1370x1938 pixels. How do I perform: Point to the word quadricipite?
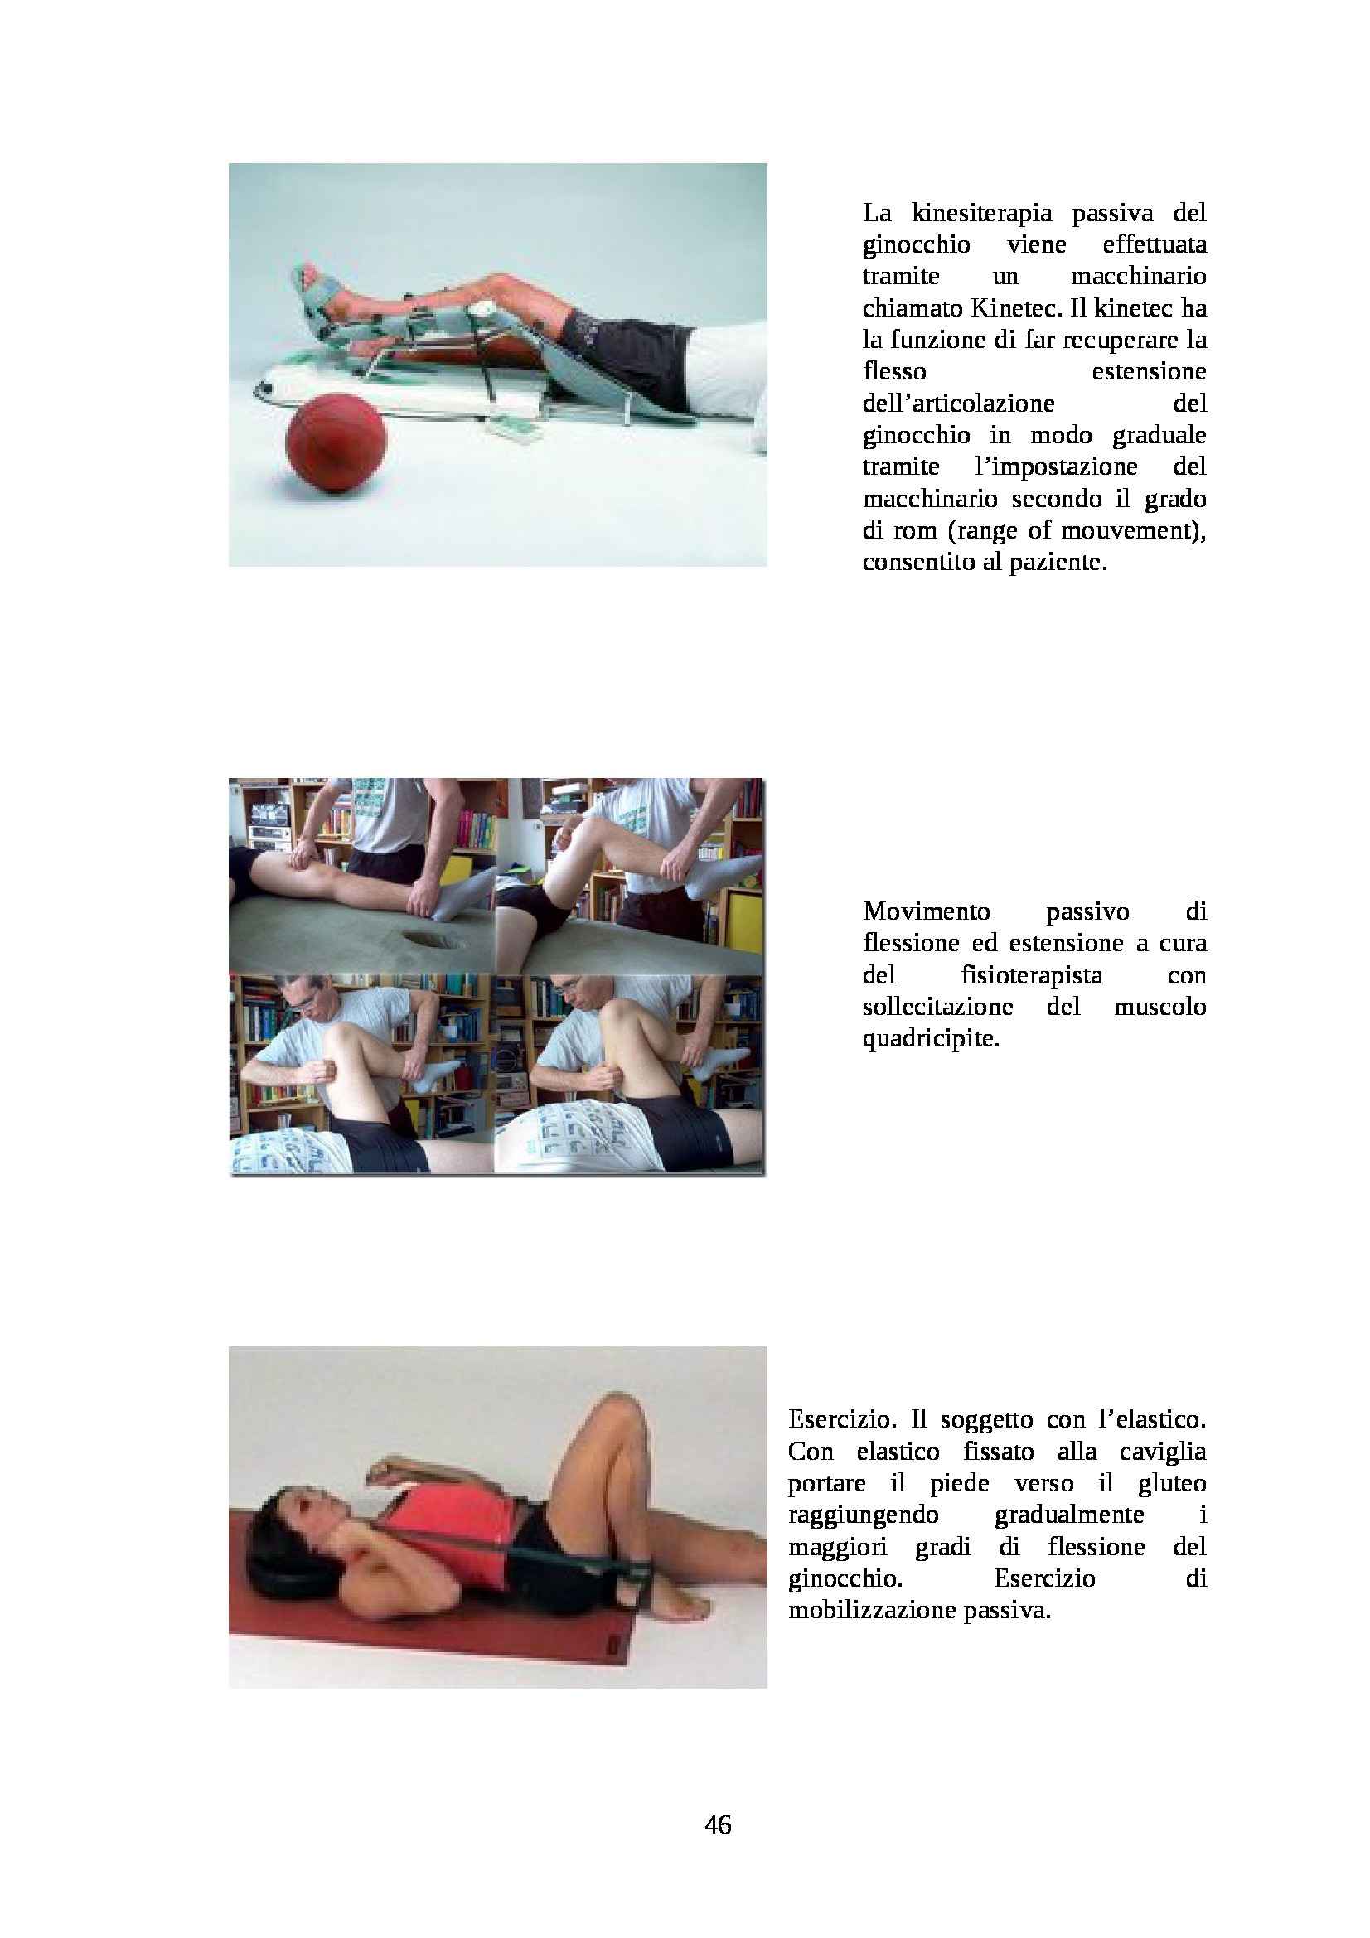(x=930, y=1039)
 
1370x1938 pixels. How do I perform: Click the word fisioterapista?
(x=1032, y=976)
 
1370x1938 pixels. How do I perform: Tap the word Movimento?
(x=926, y=912)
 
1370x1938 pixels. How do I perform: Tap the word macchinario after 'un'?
(x=1140, y=277)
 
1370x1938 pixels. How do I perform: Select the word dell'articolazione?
(x=959, y=404)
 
